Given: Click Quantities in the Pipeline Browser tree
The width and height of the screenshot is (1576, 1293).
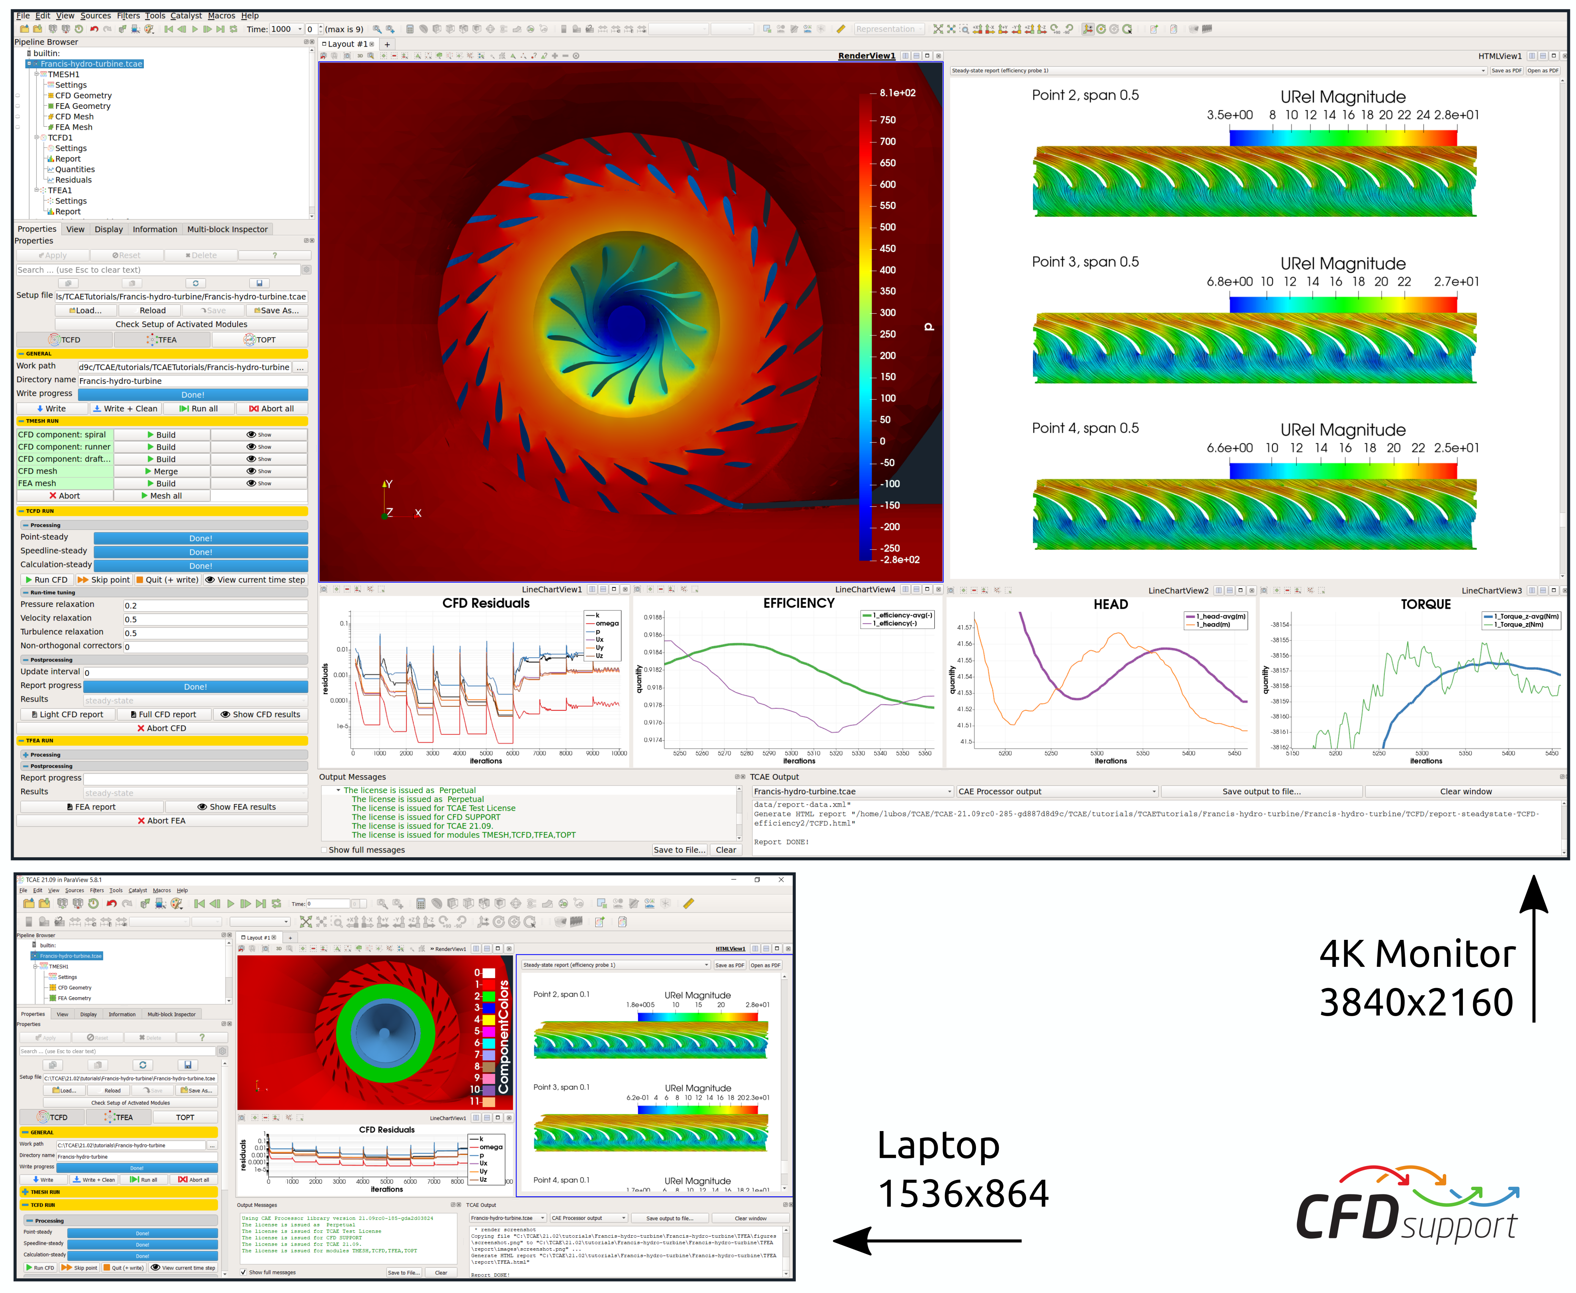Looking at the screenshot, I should pyautogui.click(x=74, y=169).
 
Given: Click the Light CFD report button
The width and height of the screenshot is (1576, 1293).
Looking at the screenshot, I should pyautogui.click(x=67, y=714).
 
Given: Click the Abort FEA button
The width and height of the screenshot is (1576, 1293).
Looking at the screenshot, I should pyautogui.click(x=162, y=821).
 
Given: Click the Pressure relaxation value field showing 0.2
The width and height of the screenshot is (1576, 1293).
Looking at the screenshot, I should pyautogui.click(x=215, y=605).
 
